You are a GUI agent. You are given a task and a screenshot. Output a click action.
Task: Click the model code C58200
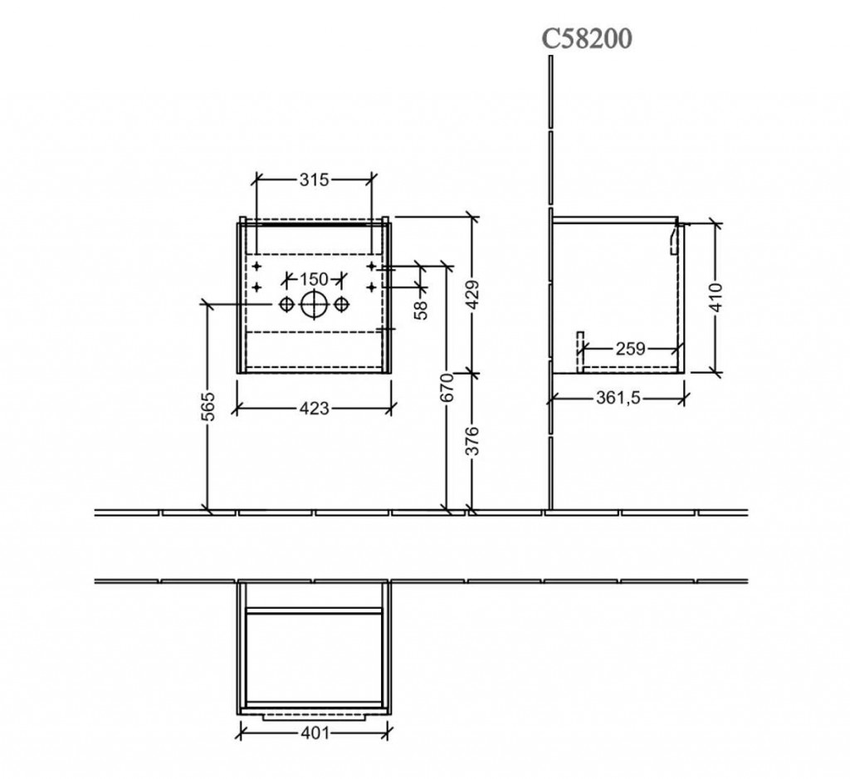pyautogui.click(x=587, y=38)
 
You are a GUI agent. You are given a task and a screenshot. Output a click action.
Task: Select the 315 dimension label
pyautogui.click(x=315, y=179)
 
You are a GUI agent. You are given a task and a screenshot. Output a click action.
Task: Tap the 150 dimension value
pyautogui.click(x=315, y=279)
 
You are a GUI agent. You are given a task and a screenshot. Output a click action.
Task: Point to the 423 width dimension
pyautogui.click(x=315, y=408)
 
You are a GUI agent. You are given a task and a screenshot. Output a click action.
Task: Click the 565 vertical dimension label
pyautogui.click(x=208, y=406)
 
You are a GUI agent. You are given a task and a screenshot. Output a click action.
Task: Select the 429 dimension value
pyautogui.click(x=473, y=295)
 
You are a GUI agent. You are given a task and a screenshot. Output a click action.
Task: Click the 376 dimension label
pyautogui.click(x=473, y=441)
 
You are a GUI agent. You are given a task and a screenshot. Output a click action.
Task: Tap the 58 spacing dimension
pyautogui.click(x=421, y=310)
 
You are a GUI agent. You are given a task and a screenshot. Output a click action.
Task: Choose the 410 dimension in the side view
pyautogui.click(x=716, y=297)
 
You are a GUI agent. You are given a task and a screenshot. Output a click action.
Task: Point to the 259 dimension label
pyautogui.click(x=631, y=349)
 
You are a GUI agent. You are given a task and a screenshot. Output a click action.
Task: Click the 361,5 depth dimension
pyautogui.click(x=618, y=398)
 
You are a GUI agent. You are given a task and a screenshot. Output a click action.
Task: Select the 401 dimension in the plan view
pyautogui.click(x=315, y=732)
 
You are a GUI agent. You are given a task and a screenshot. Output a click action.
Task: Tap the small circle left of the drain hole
pyautogui.click(x=286, y=305)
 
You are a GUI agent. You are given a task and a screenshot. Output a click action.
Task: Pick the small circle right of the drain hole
pyautogui.click(x=340, y=305)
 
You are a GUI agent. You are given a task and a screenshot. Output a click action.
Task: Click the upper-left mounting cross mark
pyautogui.click(x=257, y=266)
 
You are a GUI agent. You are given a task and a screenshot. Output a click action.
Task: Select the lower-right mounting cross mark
pyautogui.click(x=371, y=286)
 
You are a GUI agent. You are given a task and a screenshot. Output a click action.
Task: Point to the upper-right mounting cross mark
pyautogui.click(x=371, y=266)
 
